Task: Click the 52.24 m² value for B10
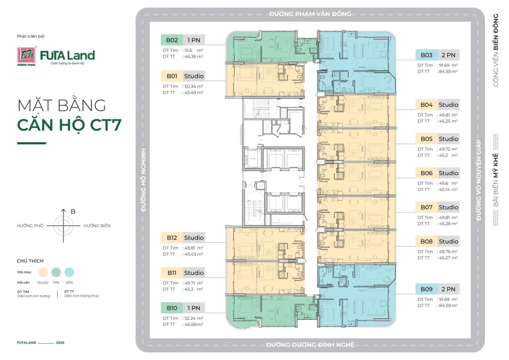tap(193, 318)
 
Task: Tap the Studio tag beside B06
tap(448, 173)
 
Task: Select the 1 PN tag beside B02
tap(193, 40)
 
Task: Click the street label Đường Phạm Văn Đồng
tap(310, 13)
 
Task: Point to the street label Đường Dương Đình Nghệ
tap(310, 345)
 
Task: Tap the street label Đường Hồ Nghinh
tap(143, 180)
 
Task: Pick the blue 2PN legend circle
tap(69, 271)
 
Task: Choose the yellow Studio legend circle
tap(43, 271)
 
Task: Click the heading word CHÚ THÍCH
tap(30, 261)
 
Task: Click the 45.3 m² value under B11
tap(193, 289)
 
